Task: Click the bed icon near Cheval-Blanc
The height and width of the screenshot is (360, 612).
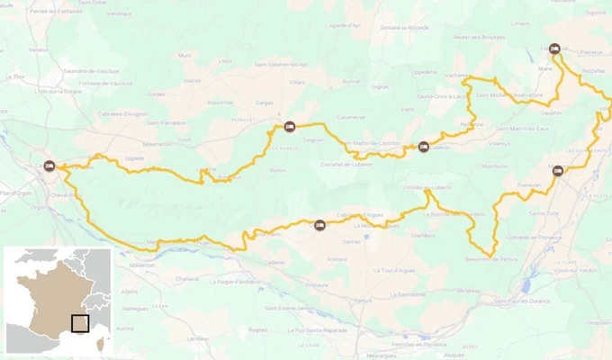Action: pos(49,166)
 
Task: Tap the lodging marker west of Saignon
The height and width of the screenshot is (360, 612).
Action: pos(289,127)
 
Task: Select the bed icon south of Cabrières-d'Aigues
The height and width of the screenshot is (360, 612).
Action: pos(319,225)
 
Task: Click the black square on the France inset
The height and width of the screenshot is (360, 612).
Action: pos(80,323)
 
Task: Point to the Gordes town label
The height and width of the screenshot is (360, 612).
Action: pos(157,94)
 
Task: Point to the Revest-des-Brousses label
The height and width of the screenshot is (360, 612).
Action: pos(479,37)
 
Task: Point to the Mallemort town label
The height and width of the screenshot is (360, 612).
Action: pos(142,265)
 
